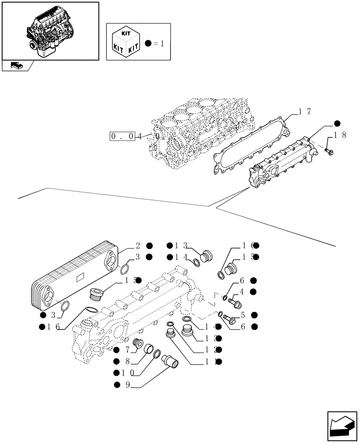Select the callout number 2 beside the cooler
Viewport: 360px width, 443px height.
[x=138, y=245]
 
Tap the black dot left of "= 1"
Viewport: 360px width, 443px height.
[x=148, y=43]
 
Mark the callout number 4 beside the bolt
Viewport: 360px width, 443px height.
[x=242, y=291]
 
